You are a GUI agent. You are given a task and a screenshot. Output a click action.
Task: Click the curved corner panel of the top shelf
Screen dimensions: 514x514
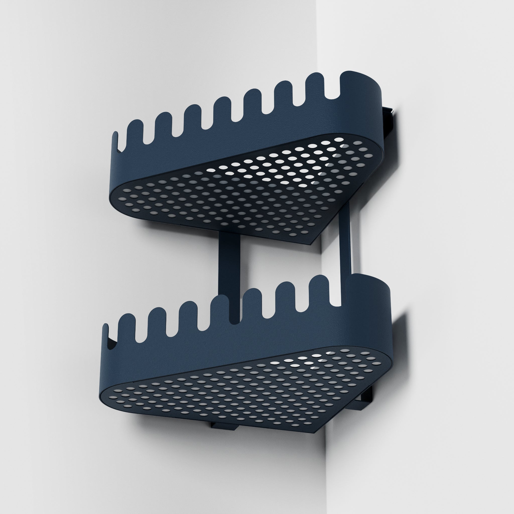(364, 112)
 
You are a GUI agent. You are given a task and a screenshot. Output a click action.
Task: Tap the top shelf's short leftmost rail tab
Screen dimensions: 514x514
(116, 141)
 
